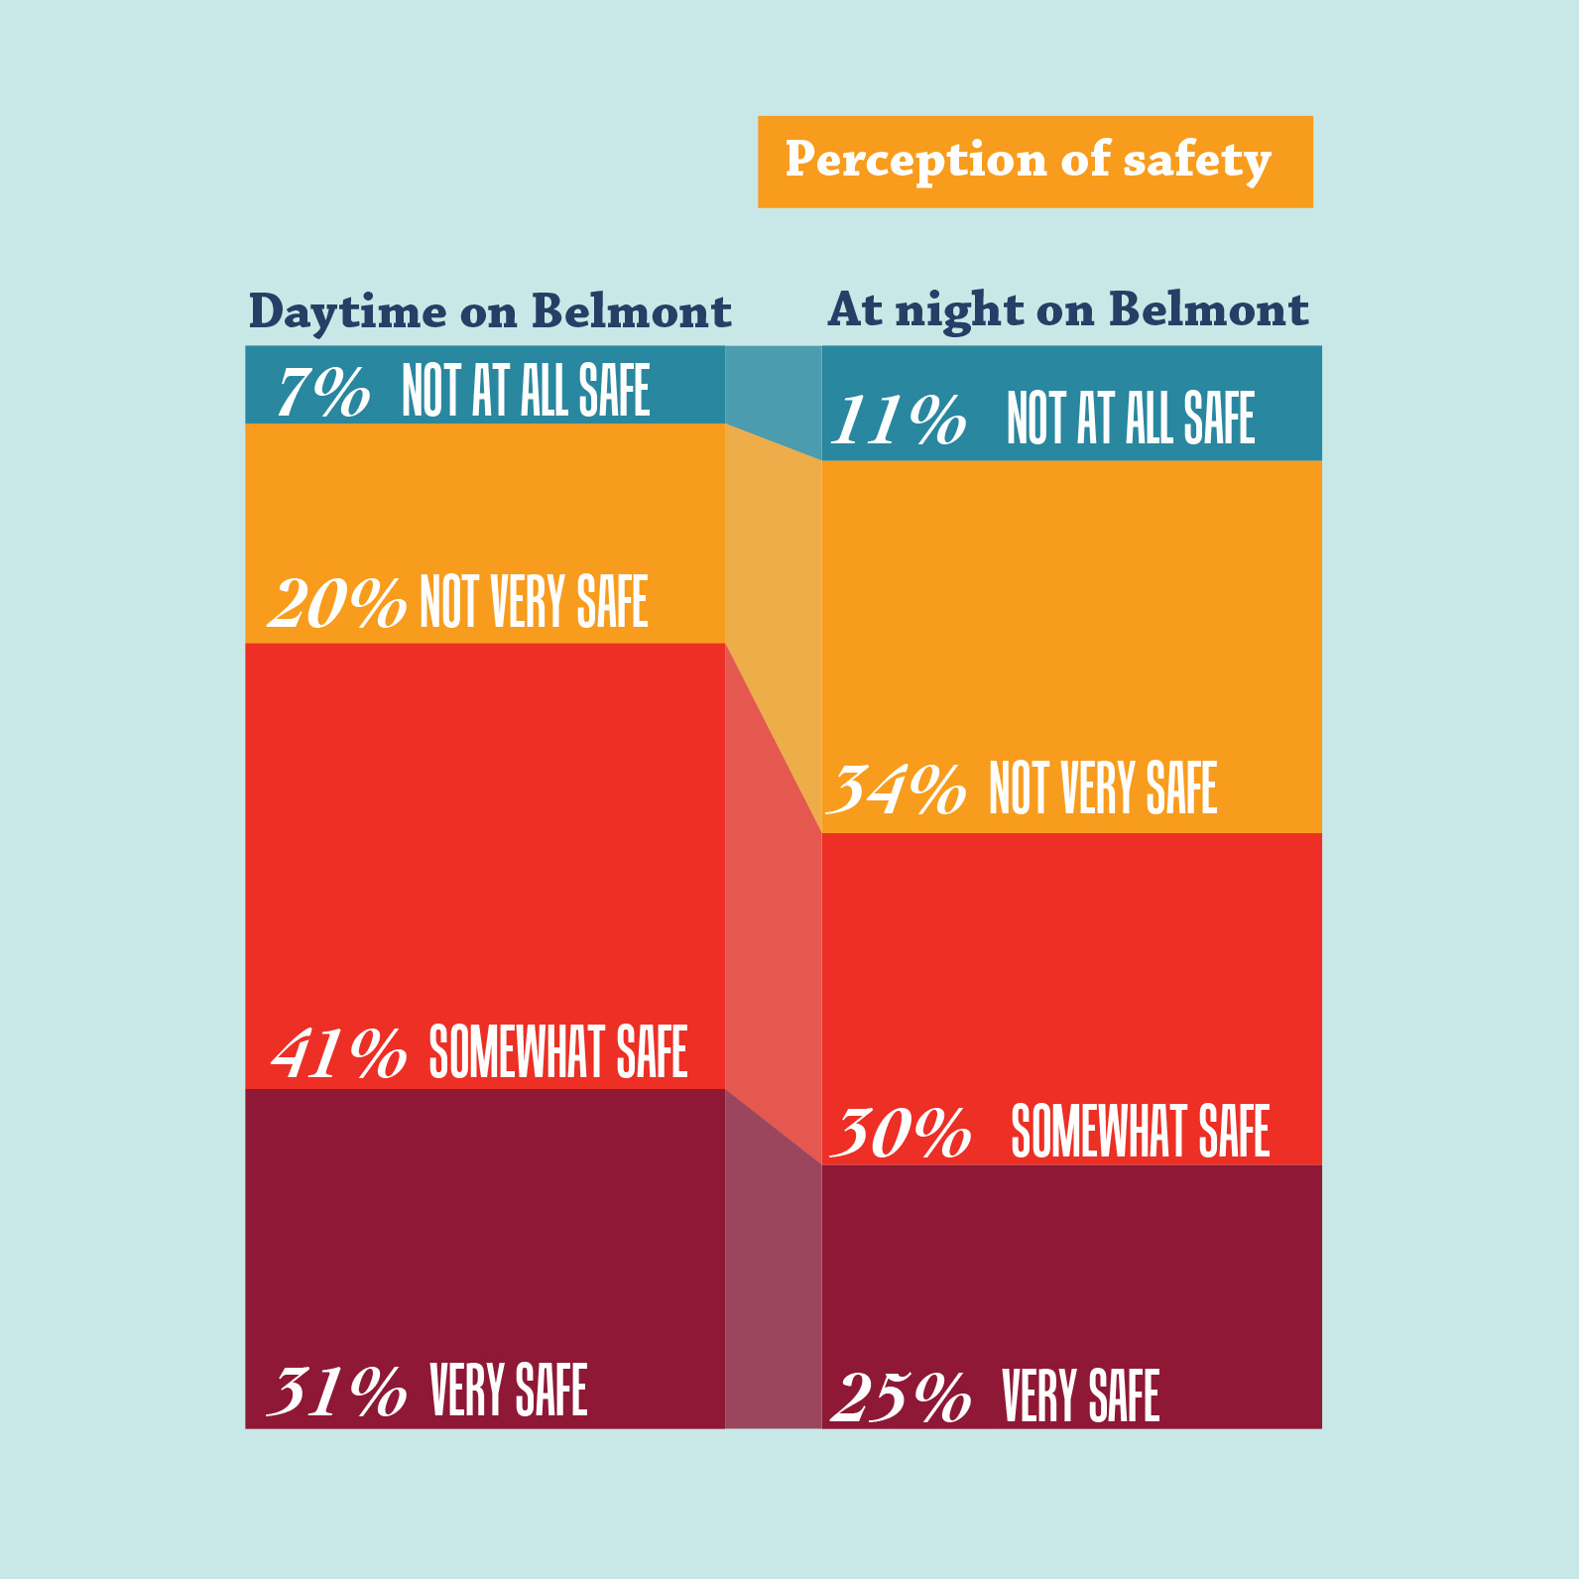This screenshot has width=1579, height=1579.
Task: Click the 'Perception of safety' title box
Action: [1034, 162]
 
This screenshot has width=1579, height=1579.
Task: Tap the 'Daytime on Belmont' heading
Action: [489, 312]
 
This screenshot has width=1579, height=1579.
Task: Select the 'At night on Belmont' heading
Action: [1067, 310]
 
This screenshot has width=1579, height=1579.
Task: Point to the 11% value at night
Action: [898, 420]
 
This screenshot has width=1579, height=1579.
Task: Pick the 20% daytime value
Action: [337, 602]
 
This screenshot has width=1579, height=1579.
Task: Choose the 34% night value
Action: [896, 789]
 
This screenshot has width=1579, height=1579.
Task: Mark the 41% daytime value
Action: [339, 1052]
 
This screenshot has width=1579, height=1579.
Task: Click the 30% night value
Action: [901, 1132]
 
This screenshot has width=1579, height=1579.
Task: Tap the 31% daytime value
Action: [337, 1391]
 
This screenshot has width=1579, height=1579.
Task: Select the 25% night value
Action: [901, 1397]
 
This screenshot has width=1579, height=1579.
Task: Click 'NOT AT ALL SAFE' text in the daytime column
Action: [526, 391]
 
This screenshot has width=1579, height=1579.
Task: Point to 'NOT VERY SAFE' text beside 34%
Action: [1103, 789]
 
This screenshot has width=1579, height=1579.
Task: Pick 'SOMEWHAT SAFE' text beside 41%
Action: [557, 1052]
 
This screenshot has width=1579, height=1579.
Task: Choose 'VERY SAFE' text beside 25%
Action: [1080, 1396]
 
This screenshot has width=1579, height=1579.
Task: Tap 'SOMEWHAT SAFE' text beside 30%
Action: [1140, 1132]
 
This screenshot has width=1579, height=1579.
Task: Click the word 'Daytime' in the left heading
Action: [347, 312]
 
